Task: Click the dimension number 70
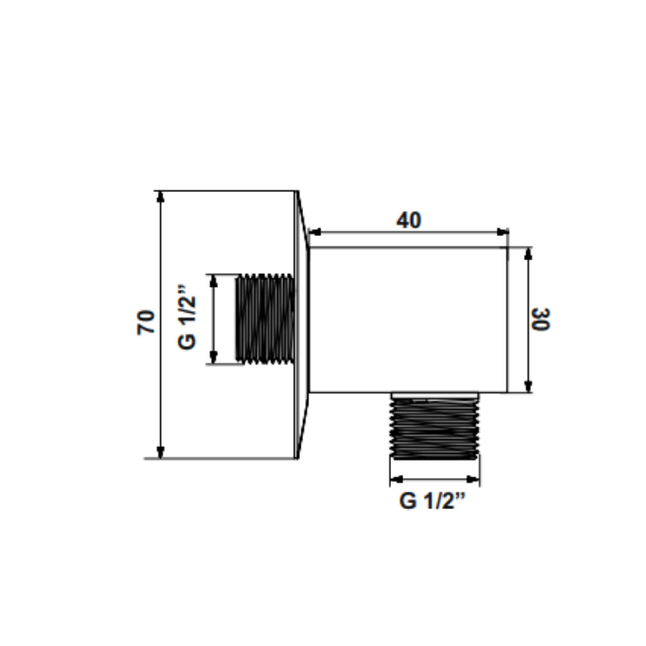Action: (x=146, y=322)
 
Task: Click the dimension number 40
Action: (x=408, y=220)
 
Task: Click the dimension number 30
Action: (x=541, y=319)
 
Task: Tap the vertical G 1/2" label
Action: (x=187, y=317)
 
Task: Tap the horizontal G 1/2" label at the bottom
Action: (x=432, y=501)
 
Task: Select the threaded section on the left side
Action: (x=265, y=319)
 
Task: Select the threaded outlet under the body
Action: (x=435, y=428)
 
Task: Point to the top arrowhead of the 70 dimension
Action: (x=161, y=197)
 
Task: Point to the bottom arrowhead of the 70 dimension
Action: (x=161, y=452)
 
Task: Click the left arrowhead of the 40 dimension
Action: (x=314, y=232)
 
